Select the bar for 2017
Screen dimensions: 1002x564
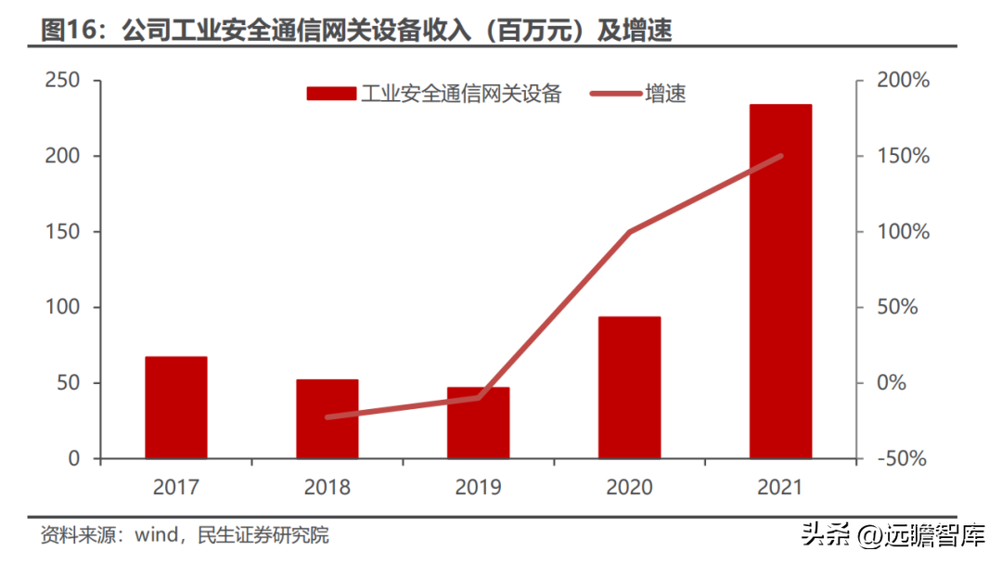coord(175,407)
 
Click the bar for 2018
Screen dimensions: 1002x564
coord(328,418)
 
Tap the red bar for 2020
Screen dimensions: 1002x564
coord(629,387)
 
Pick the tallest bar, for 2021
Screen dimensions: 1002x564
coord(780,281)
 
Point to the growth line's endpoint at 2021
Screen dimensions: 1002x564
coord(780,156)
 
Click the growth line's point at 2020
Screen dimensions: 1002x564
coord(629,232)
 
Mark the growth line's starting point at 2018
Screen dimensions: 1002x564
coord(328,417)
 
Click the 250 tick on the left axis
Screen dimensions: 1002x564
coord(62,81)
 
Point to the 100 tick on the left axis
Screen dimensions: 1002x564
coord(62,307)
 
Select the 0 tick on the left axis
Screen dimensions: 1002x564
coord(74,458)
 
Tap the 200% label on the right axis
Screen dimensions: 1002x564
coord(903,81)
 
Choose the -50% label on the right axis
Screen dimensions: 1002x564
coord(902,458)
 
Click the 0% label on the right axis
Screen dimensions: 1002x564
coord(892,382)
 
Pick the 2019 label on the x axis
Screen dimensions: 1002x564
coord(478,487)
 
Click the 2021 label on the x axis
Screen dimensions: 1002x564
coord(780,487)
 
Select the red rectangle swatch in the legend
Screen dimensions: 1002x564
coord(331,94)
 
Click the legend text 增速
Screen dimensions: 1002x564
coord(665,94)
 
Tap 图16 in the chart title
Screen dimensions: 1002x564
coord(70,30)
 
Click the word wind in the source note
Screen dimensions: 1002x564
coord(157,534)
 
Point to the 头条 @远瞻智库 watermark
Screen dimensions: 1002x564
coord(893,534)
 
